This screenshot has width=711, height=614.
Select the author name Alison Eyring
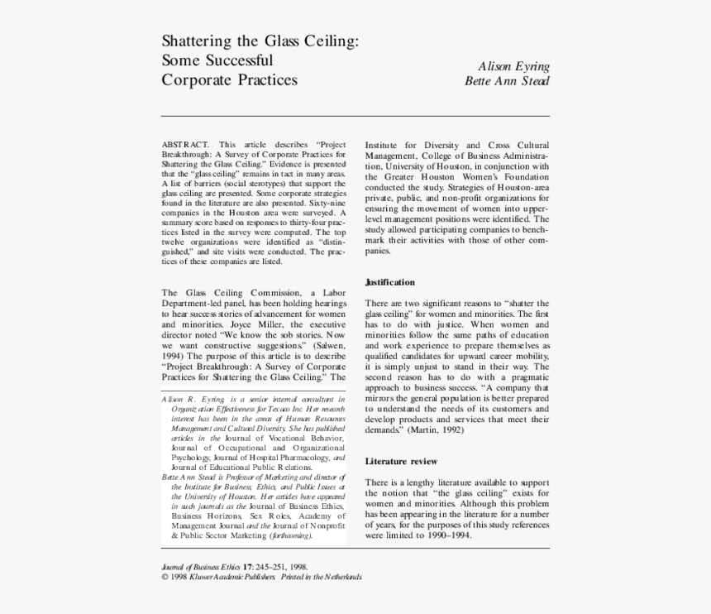[x=513, y=66]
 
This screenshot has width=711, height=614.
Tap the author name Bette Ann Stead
[x=507, y=81]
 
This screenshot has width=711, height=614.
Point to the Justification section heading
[x=390, y=282]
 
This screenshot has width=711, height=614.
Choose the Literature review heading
[x=401, y=461]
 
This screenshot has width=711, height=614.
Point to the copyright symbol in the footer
[x=165, y=577]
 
